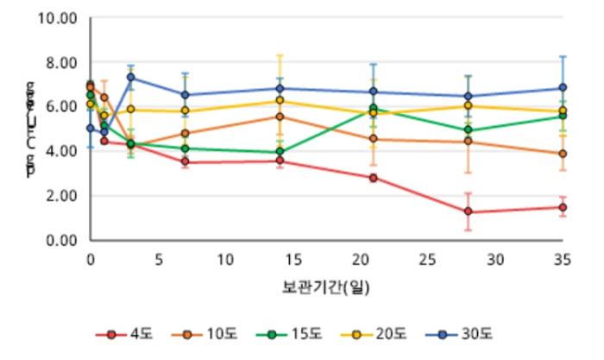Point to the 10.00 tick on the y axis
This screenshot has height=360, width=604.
[x=60, y=17]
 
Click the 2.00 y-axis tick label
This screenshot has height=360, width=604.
[x=63, y=195]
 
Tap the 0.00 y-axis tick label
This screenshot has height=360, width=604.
[x=63, y=240]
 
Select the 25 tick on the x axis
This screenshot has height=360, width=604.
[x=427, y=258]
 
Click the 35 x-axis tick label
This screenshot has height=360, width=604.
[x=562, y=258]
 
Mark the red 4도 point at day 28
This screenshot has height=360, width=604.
[x=468, y=212]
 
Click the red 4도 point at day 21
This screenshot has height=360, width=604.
[x=373, y=178]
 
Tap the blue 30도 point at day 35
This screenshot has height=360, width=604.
[x=562, y=87]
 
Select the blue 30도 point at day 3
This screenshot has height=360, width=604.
[x=130, y=77]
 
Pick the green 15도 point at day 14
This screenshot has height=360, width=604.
[x=279, y=152]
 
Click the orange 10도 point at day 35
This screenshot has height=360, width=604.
[x=562, y=154]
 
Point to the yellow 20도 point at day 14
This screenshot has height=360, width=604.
[x=279, y=101]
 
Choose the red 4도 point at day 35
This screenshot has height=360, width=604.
[x=562, y=207]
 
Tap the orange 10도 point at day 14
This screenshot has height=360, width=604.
[x=279, y=117]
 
